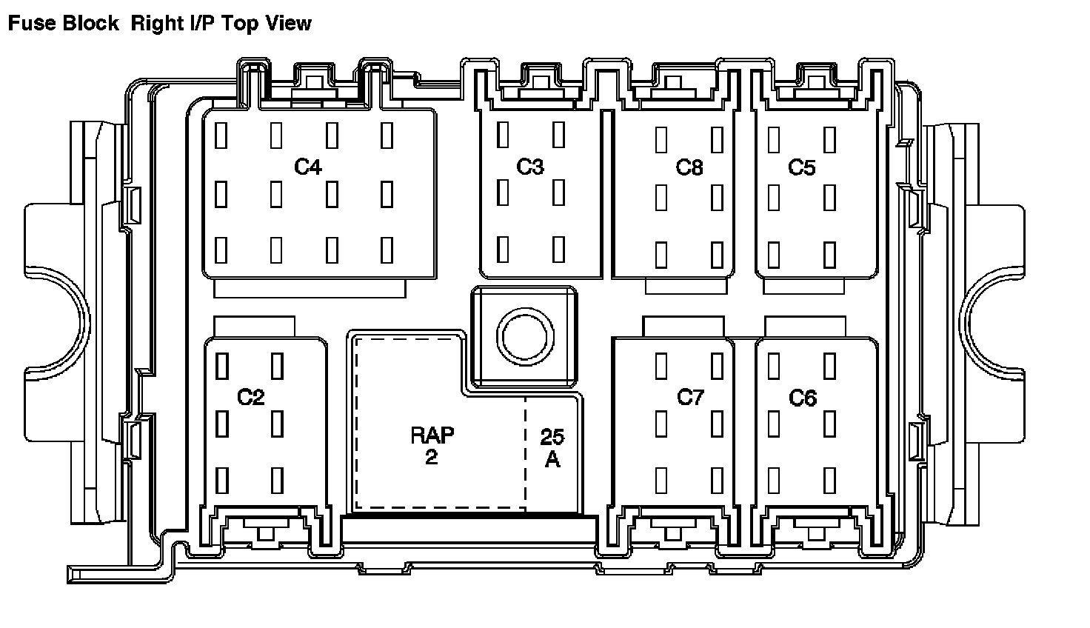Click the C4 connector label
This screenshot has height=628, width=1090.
point(308,167)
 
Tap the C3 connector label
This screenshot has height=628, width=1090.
point(530,167)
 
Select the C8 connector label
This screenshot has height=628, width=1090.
point(689,167)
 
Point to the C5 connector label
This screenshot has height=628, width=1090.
point(801,167)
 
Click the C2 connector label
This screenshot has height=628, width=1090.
point(251,397)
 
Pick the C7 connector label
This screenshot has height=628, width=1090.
point(690,397)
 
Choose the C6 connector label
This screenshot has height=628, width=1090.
point(803,398)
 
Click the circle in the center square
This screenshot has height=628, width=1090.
point(525,337)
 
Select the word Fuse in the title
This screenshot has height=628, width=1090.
point(30,23)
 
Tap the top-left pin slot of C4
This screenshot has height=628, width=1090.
point(221,135)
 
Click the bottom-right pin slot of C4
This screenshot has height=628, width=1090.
point(387,250)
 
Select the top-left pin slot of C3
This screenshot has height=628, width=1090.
point(503,134)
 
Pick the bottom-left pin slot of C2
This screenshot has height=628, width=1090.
point(222,480)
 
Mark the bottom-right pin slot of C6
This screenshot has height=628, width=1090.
point(829,480)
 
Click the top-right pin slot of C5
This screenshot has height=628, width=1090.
point(829,140)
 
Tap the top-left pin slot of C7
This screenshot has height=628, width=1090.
point(661,366)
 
